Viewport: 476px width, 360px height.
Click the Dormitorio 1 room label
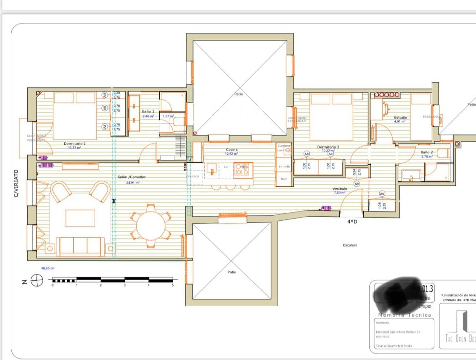pos(74,144)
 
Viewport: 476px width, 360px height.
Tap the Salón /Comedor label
pos(131,177)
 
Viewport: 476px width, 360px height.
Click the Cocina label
pos(231,149)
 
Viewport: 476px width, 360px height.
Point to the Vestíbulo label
pos(339,189)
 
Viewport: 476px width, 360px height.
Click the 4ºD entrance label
pos(352,222)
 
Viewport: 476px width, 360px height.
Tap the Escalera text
pos(350,245)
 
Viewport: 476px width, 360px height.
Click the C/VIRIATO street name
pos(16,183)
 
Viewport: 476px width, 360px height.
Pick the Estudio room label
pos(400,118)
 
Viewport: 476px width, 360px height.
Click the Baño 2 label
pos(427,152)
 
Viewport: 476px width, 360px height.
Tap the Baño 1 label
pos(148,111)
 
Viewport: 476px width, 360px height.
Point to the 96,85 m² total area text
pos(48,268)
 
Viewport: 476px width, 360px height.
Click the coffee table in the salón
pos(80,218)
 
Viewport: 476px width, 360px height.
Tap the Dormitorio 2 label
pos(328,147)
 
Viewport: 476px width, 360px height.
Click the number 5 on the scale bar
pos(173,285)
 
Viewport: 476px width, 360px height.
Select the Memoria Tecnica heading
pos(404,315)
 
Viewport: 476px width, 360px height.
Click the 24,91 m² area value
pos(132,183)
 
